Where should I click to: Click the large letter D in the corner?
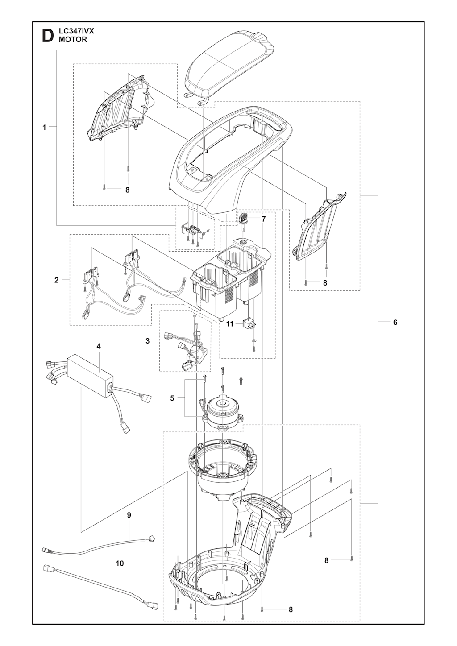[48, 36]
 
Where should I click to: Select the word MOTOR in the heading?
[73, 40]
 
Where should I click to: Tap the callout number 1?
[44, 127]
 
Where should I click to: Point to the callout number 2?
[57, 280]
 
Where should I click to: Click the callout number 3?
[147, 341]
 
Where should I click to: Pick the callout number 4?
[99, 346]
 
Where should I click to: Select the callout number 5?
[172, 398]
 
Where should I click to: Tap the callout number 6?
[395, 322]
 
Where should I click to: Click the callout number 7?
[263, 219]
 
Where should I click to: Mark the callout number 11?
[229, 324]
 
